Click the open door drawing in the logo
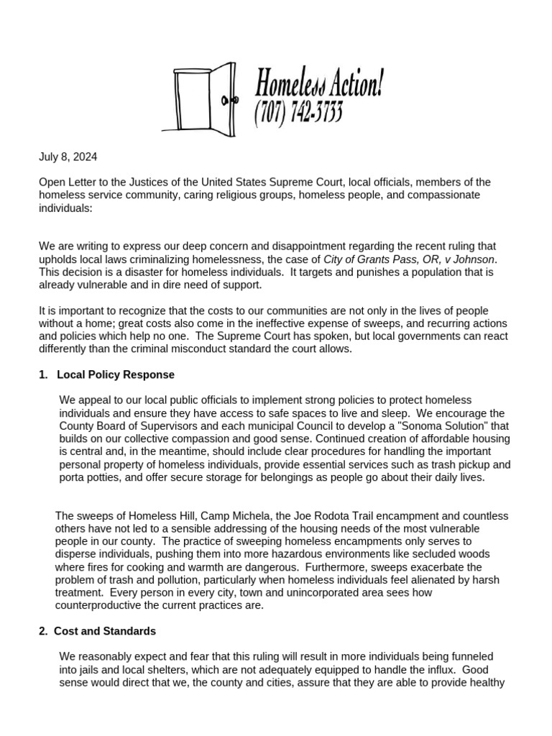click(206, 97)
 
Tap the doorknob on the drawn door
click(226, 100)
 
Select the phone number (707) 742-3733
click(298, 113)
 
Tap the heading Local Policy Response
click(115, 375)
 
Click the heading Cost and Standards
click(104, 631)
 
